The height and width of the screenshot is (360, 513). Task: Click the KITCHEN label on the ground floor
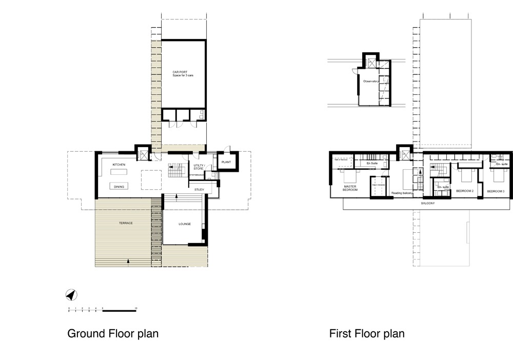tap(119, 165)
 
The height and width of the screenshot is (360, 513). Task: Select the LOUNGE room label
tap(185, 224)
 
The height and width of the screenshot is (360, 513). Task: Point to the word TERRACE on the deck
tap(126, 223)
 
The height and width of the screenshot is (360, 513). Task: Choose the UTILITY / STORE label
tap(199, 167)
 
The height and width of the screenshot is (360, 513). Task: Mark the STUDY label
tap(199, 190)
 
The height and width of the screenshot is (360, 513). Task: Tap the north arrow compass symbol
tap(72, 295)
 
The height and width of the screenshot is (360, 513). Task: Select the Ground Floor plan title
tap(113, 334)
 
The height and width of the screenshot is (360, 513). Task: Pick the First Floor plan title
tap(367, 334)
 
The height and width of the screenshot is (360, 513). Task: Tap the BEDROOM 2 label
tap(464, 191)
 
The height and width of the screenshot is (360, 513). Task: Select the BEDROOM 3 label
tap(496, 191)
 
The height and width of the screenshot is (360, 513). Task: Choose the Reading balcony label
tap(402, 193)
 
